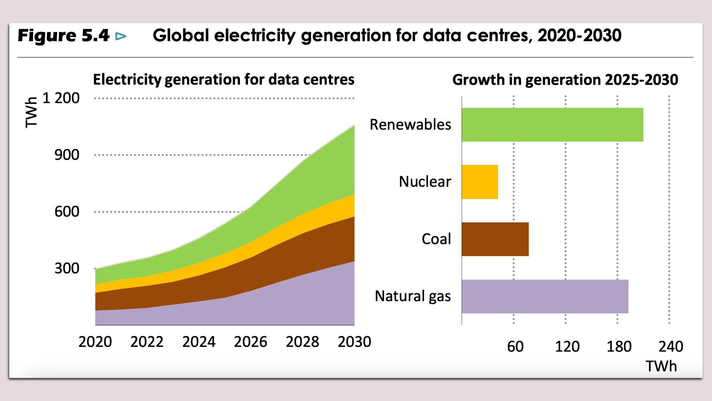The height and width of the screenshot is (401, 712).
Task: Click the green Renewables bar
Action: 552,125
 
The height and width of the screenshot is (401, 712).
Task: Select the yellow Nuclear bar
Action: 480,182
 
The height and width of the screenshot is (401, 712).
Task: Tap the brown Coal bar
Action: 495,239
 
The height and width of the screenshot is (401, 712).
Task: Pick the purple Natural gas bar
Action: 545,296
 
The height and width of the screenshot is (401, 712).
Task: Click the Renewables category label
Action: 410,125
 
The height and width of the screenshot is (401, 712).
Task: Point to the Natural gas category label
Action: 413,296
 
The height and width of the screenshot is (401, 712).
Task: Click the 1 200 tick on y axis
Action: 61,98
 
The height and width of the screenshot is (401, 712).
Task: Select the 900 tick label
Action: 67,155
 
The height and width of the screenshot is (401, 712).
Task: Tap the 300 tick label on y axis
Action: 67,268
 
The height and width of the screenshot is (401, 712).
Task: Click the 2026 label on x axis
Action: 250,342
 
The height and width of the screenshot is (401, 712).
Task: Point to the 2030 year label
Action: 354,342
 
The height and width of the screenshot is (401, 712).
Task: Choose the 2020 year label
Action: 95,342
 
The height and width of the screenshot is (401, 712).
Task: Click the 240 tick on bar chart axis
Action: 670,347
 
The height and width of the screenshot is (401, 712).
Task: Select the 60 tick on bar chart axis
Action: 515,347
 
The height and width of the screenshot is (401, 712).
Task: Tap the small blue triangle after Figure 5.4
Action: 121,36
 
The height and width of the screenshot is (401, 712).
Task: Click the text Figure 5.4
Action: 63,36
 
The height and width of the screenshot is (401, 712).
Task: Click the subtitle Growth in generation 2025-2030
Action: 565,80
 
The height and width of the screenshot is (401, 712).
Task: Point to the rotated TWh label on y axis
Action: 32,113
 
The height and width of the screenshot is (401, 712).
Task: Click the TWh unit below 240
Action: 661,366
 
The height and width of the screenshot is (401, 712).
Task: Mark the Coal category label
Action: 436,239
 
